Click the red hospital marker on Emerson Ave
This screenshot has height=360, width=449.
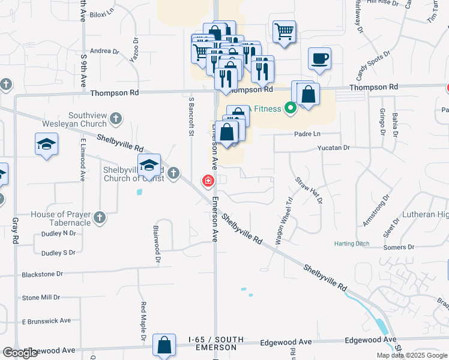pos(208,181)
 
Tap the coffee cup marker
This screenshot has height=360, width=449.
pos(319,59)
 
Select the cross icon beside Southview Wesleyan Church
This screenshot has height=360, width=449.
pos(116,118)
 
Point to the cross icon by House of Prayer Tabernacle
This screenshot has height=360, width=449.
pos(100,218)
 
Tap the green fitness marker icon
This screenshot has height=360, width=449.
pos(291,109)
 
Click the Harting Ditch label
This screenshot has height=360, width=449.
pos(352,244)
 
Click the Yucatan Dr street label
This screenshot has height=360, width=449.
pos(333,147)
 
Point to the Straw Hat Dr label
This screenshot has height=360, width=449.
pos(309,190)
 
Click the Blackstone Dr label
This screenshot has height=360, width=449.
pos(42,274)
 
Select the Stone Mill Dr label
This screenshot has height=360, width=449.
pos(41,298)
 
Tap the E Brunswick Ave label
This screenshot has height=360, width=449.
pos(47,320)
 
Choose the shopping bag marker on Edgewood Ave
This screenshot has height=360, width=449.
pos(164,346)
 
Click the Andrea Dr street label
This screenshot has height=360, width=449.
pos(104,52)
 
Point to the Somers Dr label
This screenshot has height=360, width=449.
pos(399,247)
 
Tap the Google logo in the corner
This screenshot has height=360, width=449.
pos(20,353)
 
